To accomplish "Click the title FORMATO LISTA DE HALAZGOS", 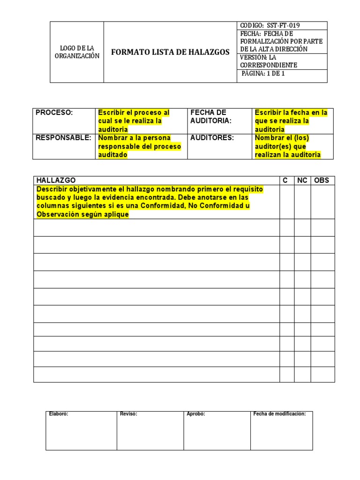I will (x=170, y=52).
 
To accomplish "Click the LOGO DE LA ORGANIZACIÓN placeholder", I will (x=77, y=52).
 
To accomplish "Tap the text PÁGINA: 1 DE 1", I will (x=263, y=74).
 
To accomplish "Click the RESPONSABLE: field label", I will (x=63, y=138).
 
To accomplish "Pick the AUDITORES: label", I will (x=212, y=138).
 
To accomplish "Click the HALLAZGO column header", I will (x=56, y=180).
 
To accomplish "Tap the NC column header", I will (x=302, y=180).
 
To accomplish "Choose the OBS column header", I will (x=322, y=180).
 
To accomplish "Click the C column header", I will (x=285, y=180).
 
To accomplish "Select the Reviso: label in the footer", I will (x=128, y=414).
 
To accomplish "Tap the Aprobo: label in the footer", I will (x=196, y=414).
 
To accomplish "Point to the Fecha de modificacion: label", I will (x=279, y=414).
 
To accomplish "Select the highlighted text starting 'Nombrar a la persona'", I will (x=134, y=138).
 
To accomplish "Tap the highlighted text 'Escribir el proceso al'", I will (x=134, y=113).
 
